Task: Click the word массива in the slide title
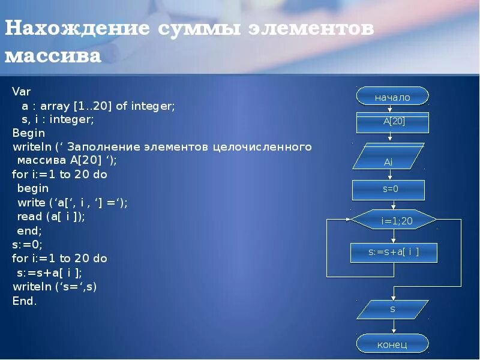53,56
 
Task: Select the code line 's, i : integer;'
53,119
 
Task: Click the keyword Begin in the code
29,133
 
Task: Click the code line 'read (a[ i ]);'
51,217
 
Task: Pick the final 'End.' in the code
25,301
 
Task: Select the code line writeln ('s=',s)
55,286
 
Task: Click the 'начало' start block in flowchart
392,97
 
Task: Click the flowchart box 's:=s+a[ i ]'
394,253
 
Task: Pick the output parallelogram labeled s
392,309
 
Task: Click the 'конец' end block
392,344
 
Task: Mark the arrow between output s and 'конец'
393,327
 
